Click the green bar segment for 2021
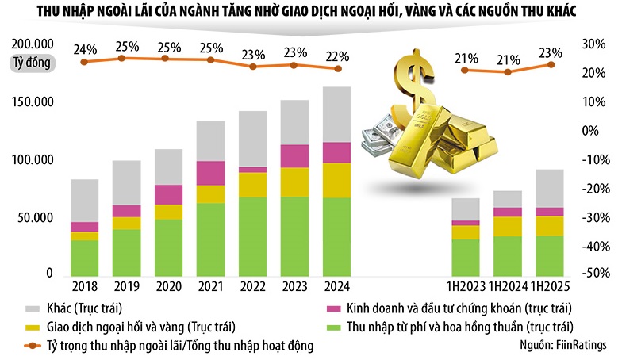[209, 239]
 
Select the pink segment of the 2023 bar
[295, 155]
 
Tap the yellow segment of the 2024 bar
[336, 180]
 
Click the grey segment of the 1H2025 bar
[548, 188]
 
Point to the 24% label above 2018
[85, 50]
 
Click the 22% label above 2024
[336, 56]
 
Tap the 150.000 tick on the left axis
[33, 103]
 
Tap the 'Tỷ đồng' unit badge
[33, 63]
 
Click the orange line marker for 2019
[121, 58]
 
